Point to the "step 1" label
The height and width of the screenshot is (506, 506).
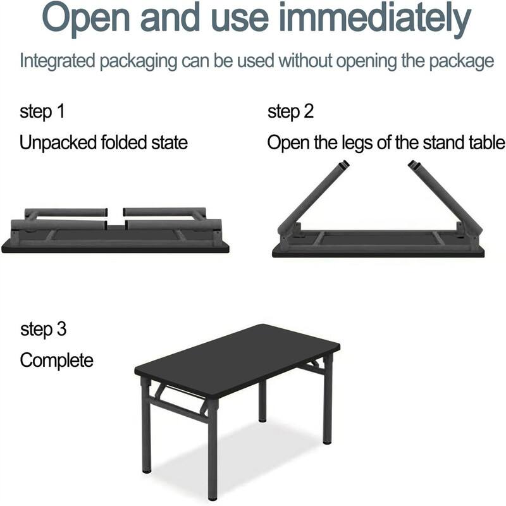pos(42,112)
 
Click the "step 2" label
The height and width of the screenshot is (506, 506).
pos(290,112)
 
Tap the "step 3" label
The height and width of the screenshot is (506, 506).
pos(43,329)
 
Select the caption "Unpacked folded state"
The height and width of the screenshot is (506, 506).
pos(104,142)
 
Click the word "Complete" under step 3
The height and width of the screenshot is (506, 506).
pos(56,361)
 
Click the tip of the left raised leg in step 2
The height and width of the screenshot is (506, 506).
pos(343,165)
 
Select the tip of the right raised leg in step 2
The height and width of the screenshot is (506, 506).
pos(414,165)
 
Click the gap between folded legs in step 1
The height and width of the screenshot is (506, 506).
pos(114,218)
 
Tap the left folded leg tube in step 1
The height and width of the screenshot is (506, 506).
pos(63,213)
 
